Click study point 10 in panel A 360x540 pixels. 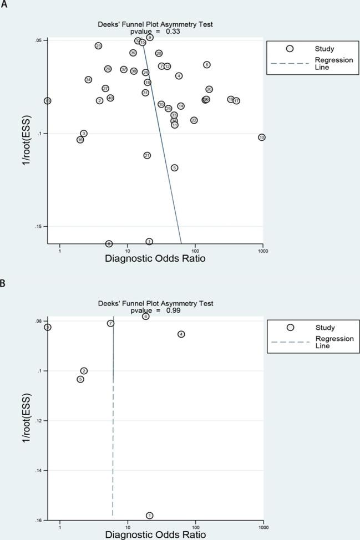pyautogui.click(x=262, y=137)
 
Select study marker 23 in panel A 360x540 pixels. pyautogui.click(x=98, y=45)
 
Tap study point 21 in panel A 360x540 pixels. pyautogui.click(x=147, y=155)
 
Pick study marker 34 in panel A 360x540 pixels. pyautogui.click(x=88, y=80)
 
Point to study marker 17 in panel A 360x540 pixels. pyautogui.click(x=236, y=101)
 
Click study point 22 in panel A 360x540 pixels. pyautogui.click(x=194, y=120)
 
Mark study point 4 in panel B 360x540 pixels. pyautogui.click(x=181, y=334)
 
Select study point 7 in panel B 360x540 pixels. pyautogui.click(x=111, y=323)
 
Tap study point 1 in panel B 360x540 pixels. pyautogui.click(x=149, y=516)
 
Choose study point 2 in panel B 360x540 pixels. pyautogui.click(x=84, y=371)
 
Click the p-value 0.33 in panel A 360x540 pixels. pyautogui.click(x=171, y=32)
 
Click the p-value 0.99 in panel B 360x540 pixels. pyautogui.click(x=171, y=310)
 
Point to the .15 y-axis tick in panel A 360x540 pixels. pyautogui.click(x=38, y=226)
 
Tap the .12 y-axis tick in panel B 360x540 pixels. pyautogui.click(x=38, y=421)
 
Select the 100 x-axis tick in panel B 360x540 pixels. pyautogui.click(x=195, y=527)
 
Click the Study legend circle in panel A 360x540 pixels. pyautogui.click(x=290, y=49)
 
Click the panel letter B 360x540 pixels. pyautogui.click(x=3, y=283)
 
